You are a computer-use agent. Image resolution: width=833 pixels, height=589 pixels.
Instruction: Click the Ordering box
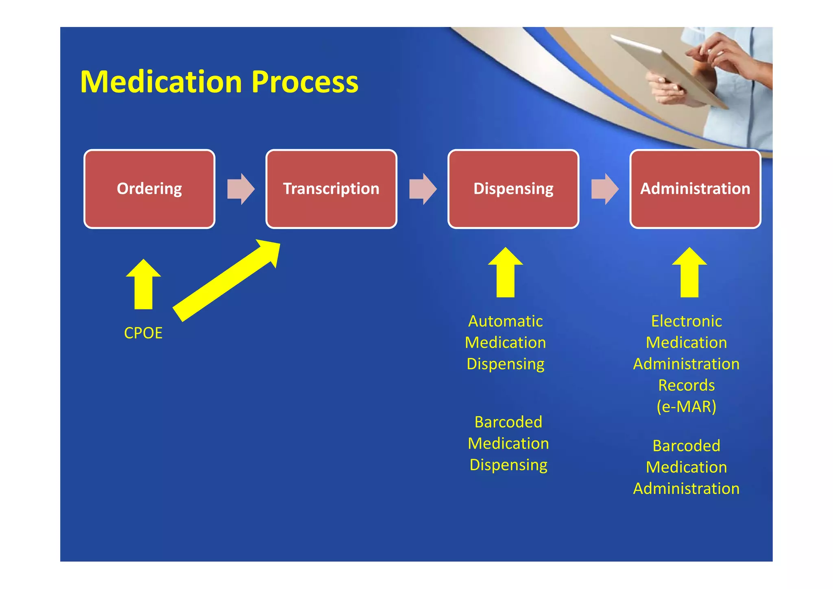149,189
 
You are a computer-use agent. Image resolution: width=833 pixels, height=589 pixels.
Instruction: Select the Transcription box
331,189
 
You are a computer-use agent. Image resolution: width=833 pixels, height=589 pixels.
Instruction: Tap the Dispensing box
513,189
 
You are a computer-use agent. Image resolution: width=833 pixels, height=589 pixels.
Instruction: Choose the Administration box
695,189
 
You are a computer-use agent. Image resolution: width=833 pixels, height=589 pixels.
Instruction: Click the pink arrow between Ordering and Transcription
241,189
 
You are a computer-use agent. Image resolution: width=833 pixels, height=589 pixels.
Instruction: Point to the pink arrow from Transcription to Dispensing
423,189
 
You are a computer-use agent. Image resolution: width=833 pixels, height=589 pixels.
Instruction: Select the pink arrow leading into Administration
605,189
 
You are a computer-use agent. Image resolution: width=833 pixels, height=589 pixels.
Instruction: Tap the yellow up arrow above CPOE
144,285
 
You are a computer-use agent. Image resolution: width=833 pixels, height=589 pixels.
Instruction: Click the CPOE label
143,333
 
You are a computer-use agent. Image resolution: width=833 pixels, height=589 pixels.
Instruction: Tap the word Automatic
505,321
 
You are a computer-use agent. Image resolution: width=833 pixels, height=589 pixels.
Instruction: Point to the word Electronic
687,321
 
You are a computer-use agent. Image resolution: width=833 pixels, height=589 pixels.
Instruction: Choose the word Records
687,385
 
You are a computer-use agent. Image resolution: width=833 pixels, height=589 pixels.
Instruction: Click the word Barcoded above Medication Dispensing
508,422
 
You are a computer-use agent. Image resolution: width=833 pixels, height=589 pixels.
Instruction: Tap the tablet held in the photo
667,69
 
